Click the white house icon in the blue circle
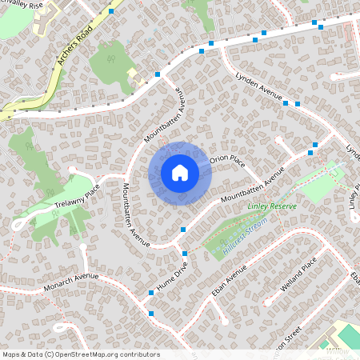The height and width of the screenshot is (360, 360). (179, 172)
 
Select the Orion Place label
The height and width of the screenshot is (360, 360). (227, 160)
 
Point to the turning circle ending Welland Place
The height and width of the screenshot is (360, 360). (329, 248)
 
